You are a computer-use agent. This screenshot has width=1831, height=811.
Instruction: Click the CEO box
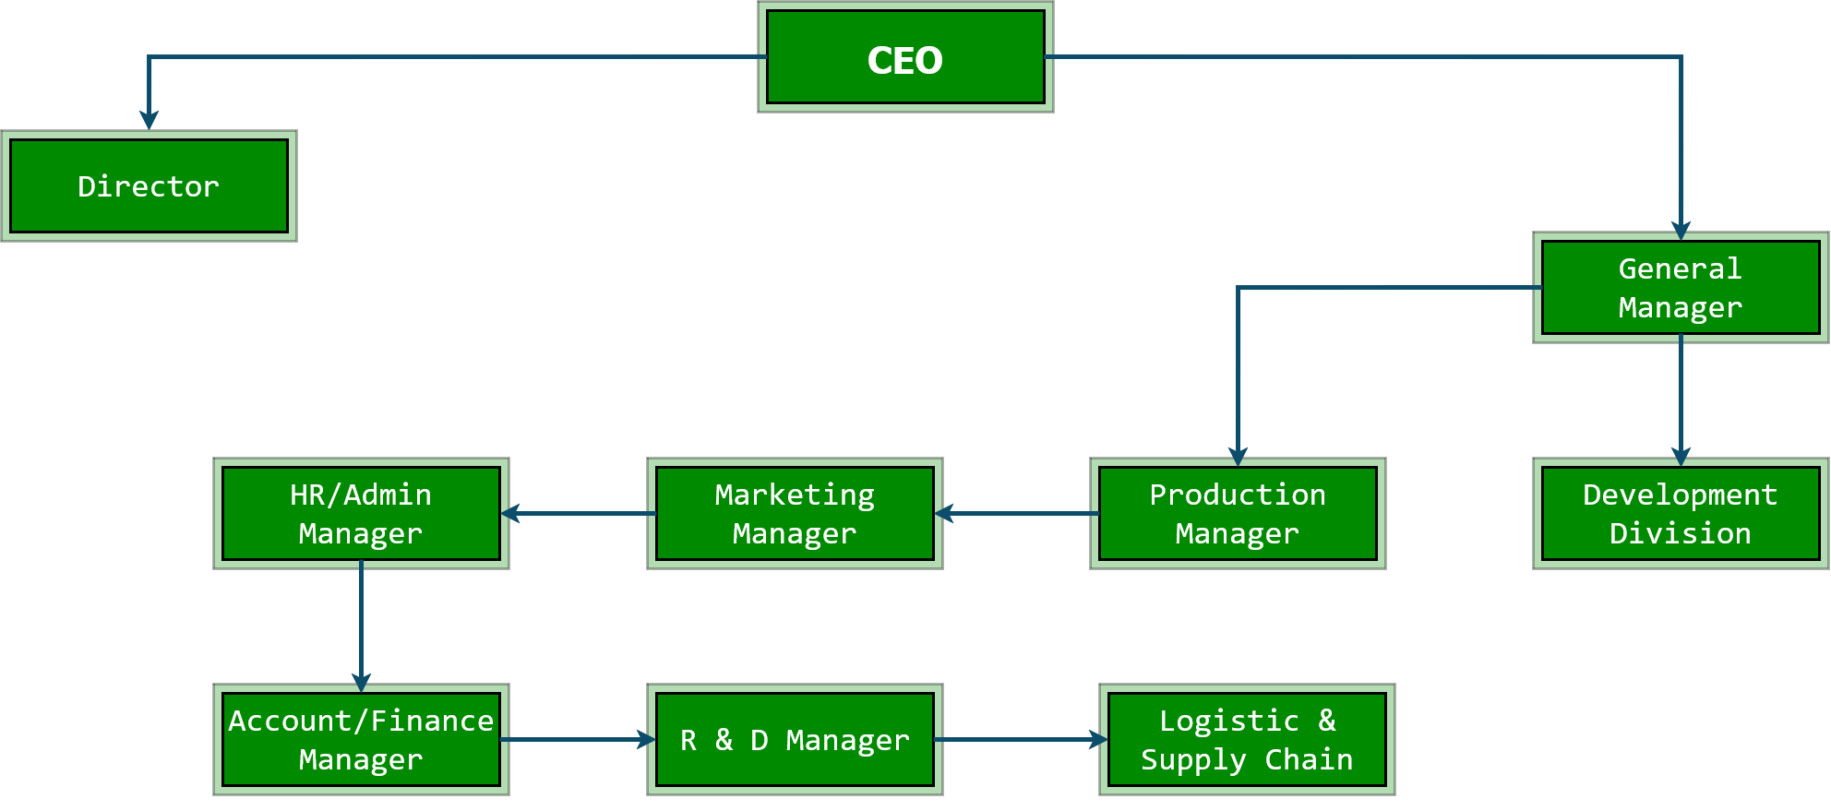tap(904, 57)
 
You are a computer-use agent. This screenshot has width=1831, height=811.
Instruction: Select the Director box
tap(149, 186)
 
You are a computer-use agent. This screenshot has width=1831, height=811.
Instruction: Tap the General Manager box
tap(1680, 288)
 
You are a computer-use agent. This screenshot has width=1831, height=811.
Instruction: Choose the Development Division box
tap(1680, 514)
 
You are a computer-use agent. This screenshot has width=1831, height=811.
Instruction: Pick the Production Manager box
tap(1237, 514)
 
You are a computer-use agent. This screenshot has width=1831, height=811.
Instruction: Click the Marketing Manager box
tap(795, 514)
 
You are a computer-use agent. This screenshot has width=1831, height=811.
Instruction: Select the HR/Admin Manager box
tap(361, 514)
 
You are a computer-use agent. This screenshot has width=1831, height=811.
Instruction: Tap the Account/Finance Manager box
tap(361, 739)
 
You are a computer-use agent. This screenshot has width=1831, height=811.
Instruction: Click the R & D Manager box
tap(795, 739)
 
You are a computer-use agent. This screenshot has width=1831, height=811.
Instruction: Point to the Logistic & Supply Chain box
tap(1246, 739)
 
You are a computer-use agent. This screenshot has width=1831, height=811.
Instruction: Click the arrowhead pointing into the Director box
tap(149, 120)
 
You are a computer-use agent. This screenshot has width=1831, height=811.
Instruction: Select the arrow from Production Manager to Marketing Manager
tap(1015, 513)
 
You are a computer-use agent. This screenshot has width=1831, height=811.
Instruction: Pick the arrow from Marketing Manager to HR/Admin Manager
tap(579, 513)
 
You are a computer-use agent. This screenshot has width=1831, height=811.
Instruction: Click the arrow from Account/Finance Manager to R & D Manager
tap(577, 739)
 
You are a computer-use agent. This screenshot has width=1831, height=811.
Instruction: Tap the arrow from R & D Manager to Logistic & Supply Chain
tap(1020, 739)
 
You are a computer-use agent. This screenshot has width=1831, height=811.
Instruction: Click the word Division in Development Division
tap(1680, 533)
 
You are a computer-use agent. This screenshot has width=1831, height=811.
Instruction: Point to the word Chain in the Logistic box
tap(1308, 759)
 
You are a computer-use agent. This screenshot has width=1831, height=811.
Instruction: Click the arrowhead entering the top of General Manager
tap(1681, 228)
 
